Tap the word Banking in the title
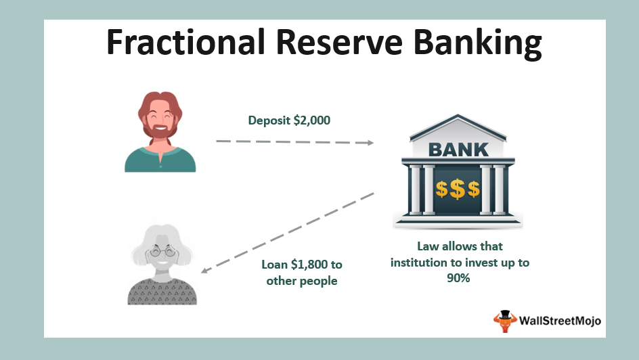pos(478,44)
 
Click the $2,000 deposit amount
pos(312,120)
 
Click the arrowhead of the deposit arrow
pos(370,143)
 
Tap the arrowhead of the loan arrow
pos(205,269)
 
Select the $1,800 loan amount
pos(309,265)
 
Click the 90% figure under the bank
pos(458,278)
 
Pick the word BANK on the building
pos(458,150)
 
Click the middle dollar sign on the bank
pos(458,189)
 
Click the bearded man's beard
pos(160,131)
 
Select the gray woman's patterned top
pos(162,292)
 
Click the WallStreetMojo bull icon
pos(506,321)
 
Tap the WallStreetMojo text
pos(560,321)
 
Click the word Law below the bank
pos(428,246)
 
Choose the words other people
pos(302,281)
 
